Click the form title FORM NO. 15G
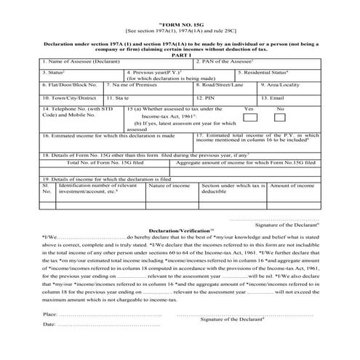pyautogui.click(x=179, y=24)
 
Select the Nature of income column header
pyautogui.click(x=169, y=187)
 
